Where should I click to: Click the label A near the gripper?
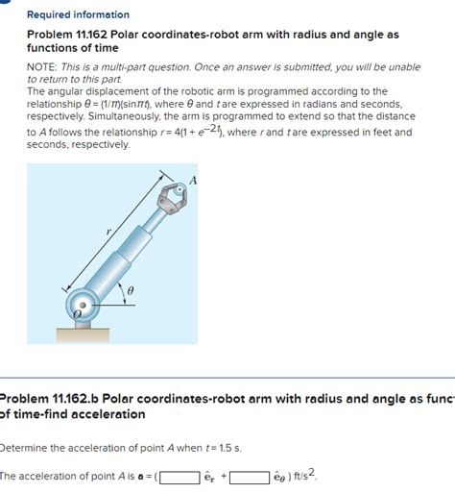coord(193,181)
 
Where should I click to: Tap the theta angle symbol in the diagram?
coord(131,291)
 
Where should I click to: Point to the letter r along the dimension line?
coord(108,232)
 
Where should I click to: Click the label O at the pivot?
coord(77,314)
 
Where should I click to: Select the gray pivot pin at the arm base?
coord(83,305)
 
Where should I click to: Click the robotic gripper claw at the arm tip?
coord(172,198)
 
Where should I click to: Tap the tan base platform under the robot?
coord(83,335)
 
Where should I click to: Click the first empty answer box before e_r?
coord(180,478)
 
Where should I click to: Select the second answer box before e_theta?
coord(250,478)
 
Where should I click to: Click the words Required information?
coord(78,14)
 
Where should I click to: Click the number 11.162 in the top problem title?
coord(91,35)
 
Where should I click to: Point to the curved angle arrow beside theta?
coord(122,292)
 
